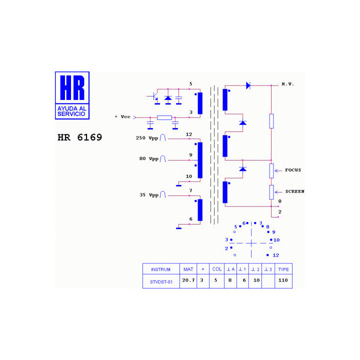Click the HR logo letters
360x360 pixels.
tap(72, 87)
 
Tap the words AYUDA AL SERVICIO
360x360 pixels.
tap(71, 111)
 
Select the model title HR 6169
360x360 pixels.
tap(79, 137)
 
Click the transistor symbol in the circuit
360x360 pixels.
tap(154, 96)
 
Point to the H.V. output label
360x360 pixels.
tap(287, 84)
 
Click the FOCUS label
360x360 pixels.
tap(293, 170)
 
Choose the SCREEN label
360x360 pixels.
tap(295, 191)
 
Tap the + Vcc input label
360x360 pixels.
tap(122, 116)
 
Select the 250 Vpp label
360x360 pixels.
tap(147, 138)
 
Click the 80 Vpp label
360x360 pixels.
tap(149, 158)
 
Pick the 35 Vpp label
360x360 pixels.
tap(149, 195)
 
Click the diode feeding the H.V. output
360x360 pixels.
tap(248, 85)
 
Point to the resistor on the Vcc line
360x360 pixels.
tap(164, 118)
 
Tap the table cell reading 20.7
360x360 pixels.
tap(188, 280)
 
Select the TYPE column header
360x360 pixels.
tap(283, 269)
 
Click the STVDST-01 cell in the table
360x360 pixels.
tap(161, 282)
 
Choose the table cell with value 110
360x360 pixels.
tap(283, 280)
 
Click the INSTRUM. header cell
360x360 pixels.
tap(161, 269)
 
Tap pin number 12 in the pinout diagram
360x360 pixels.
tap(275, 255)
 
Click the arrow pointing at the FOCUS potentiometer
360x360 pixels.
tap(278, 170)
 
